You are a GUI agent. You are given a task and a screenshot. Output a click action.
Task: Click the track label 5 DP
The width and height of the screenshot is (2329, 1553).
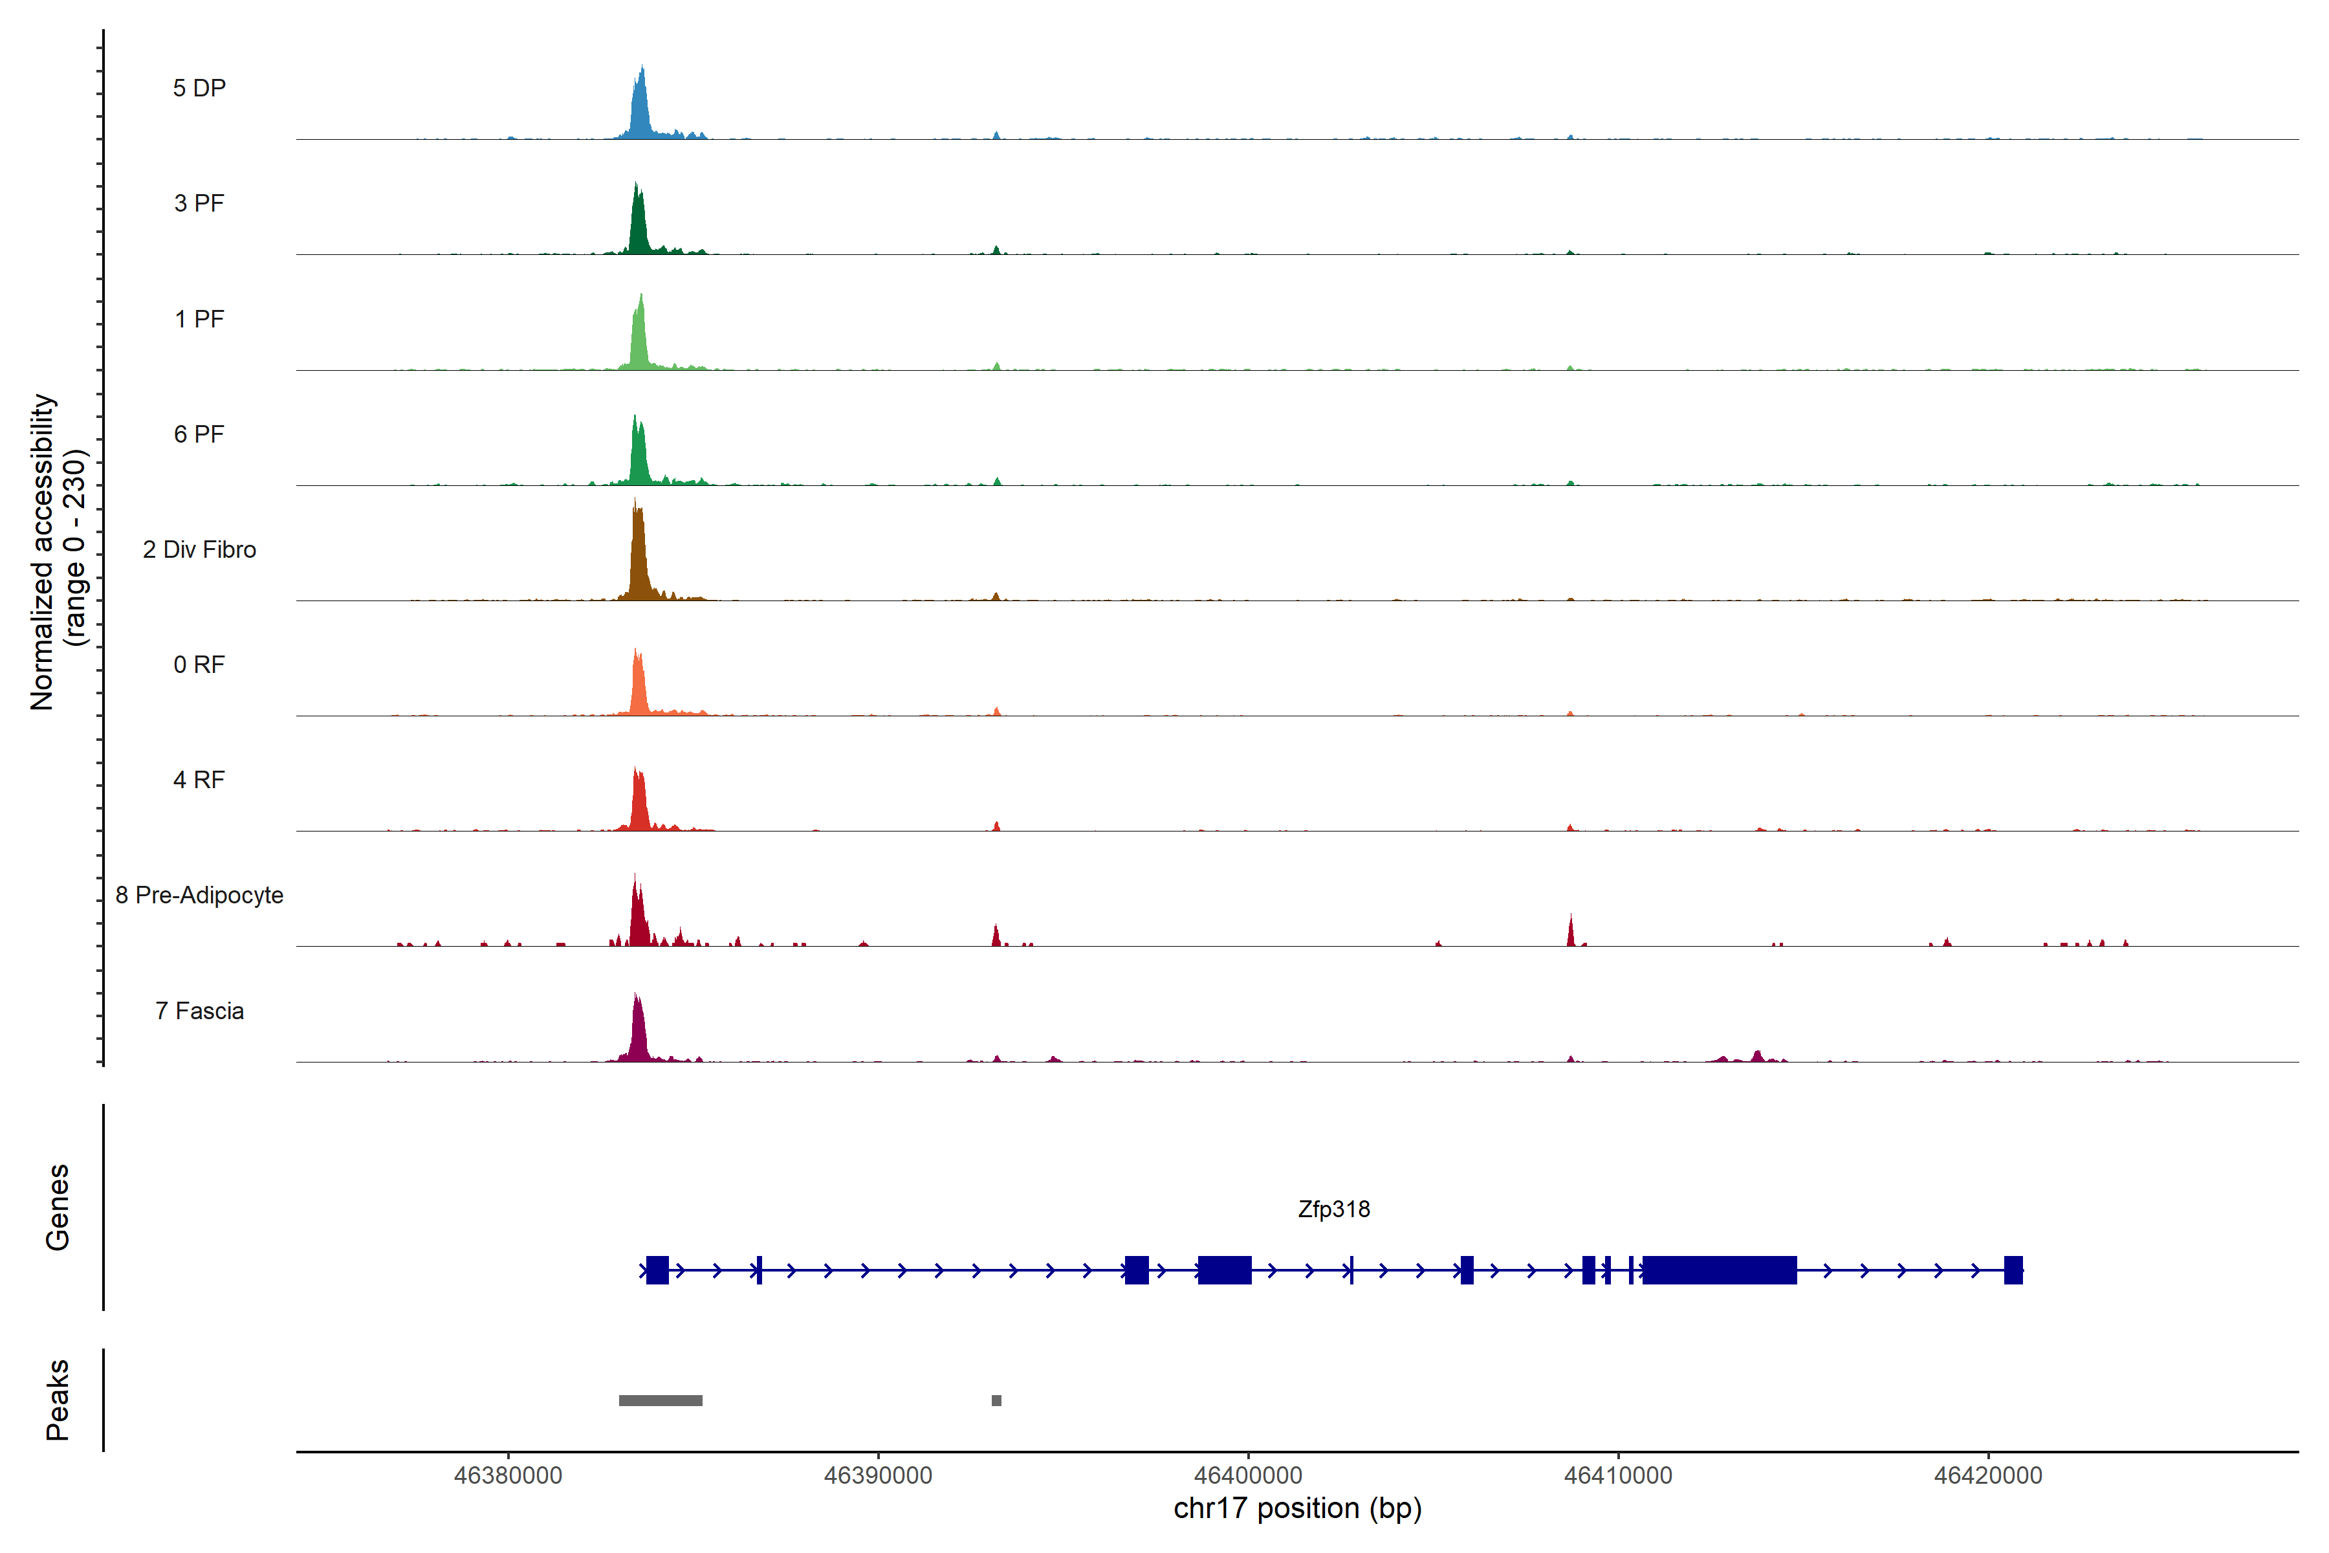coord(199,88)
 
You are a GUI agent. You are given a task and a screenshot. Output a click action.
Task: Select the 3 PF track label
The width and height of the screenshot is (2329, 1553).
coord(199,203)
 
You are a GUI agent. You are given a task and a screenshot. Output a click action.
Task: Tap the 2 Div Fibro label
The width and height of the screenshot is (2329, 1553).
coord(199,549)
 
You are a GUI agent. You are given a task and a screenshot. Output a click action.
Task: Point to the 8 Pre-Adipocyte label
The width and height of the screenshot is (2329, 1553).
coord(199,896)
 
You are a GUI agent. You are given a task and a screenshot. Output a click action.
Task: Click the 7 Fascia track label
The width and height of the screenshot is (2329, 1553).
coord(199,1011)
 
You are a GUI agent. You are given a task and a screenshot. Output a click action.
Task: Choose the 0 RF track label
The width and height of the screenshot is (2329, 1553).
coord(199,665)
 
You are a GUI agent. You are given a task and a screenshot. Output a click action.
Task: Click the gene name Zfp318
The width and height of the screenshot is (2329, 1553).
coord(1334,1209)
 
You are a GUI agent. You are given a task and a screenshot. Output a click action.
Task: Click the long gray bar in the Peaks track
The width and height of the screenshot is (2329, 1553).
coord(661,1400)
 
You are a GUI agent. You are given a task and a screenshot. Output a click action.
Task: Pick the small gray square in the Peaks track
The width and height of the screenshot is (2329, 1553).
coord(996,1400)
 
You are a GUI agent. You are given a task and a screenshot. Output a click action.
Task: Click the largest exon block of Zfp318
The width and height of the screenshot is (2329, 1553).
coord(1719,1270)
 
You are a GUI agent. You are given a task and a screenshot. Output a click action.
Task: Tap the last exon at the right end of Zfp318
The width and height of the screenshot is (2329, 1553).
coord(2013,1270)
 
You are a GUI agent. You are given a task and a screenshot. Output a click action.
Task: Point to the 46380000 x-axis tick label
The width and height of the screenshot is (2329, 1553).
coord(508,1476)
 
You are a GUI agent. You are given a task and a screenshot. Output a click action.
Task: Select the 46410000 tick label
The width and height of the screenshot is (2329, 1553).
coord(1618,1476)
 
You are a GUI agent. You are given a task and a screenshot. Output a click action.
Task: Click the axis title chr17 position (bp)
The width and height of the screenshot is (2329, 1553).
coord(1297,1508)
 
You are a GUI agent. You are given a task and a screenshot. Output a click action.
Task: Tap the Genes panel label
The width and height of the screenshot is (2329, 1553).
coord(58,1207)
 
